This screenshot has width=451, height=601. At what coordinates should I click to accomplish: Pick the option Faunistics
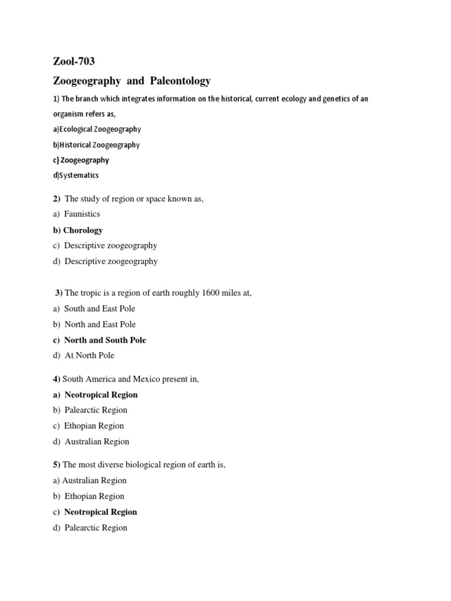tap(82, 214)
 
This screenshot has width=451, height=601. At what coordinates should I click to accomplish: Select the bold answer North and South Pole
tap(105, 340)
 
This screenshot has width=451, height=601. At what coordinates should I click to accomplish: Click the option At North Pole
tap(89, 355)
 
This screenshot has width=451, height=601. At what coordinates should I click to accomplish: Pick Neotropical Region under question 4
tap(100, 394)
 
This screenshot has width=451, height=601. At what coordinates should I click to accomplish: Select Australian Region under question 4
tap(96, 441)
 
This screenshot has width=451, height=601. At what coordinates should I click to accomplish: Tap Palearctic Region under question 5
tap(95, 528)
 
